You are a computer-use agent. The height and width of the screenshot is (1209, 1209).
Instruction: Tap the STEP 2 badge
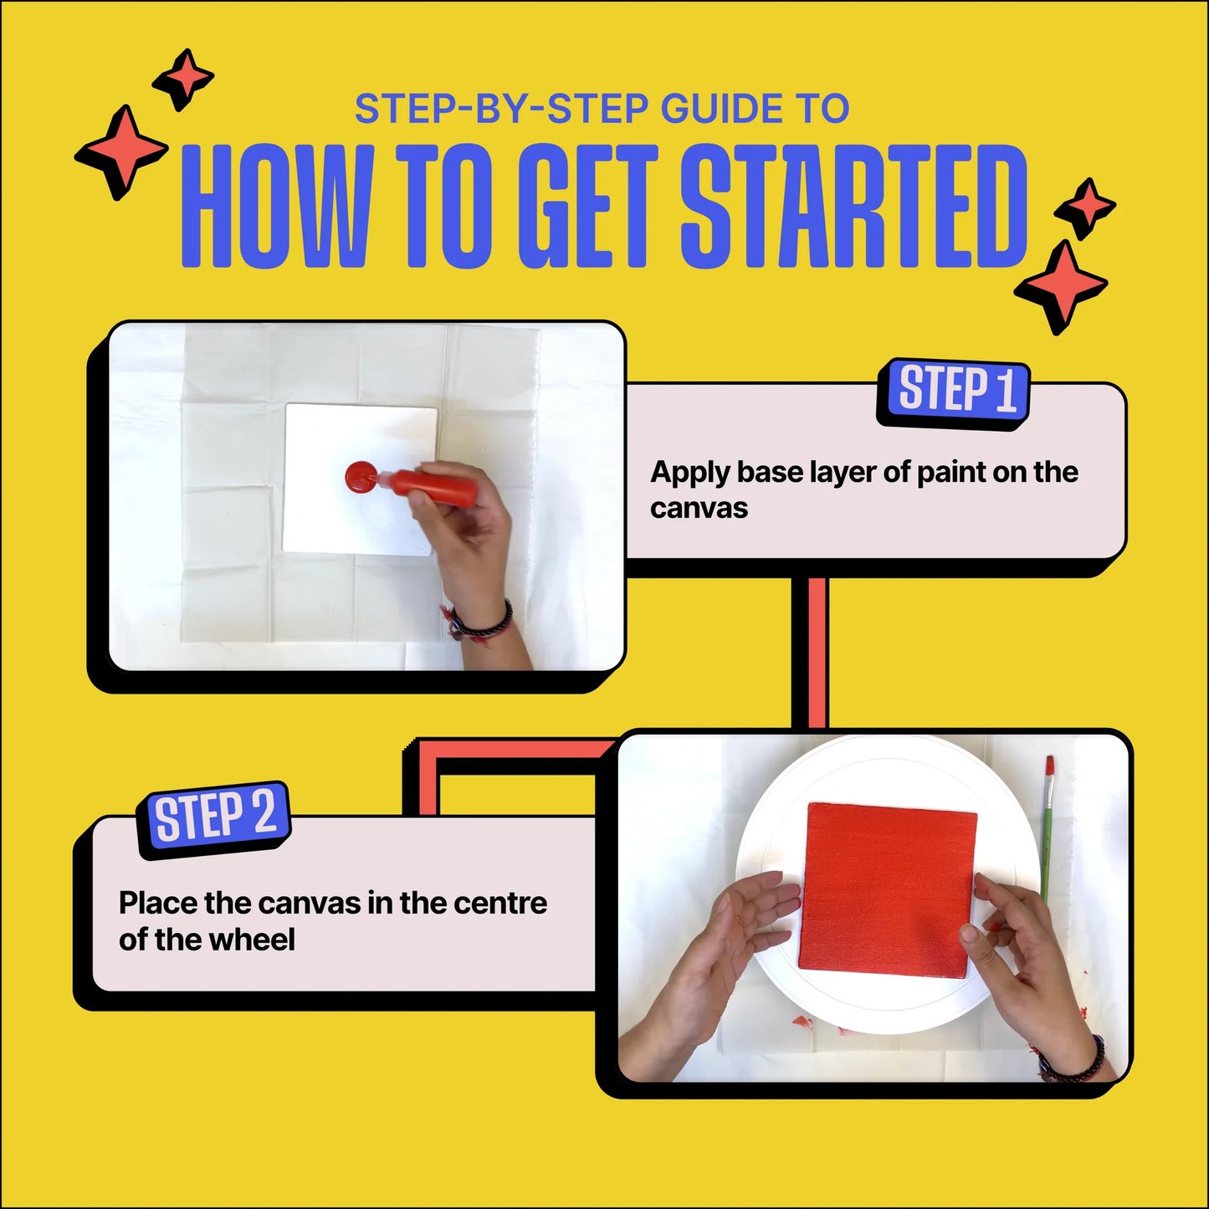[x=214, y=819]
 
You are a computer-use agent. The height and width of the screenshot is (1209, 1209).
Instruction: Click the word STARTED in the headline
[x=854, y=207]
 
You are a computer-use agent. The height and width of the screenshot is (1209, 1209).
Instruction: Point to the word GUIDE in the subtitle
[x=721, y=109]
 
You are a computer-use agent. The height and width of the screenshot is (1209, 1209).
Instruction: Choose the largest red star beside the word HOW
[x=121, y=151]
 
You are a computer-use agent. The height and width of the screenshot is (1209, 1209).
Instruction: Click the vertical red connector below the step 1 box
[x=816, y=653]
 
